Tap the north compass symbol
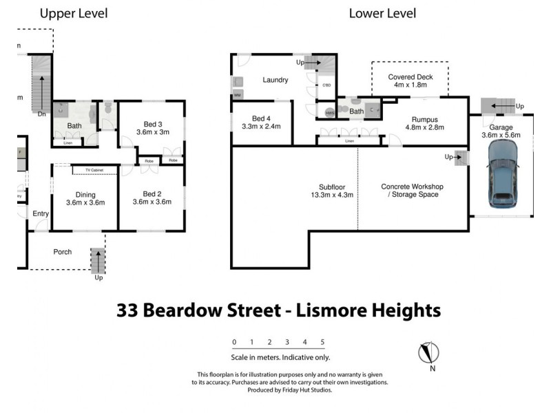coord(428,353)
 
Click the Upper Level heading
coord(73,13)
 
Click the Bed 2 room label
coord(151,194)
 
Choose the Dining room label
coord(85,194)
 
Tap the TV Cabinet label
coord(97,170)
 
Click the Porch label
coord(63,252)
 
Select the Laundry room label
coord(274,80)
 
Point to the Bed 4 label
coord(262,118)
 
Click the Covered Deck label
coord(410,77)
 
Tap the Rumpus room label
coord(425,119)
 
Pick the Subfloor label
coord(326,186)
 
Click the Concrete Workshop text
coord(412,187)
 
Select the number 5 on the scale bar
coord(322,342)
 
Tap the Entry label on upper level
coord(41,214)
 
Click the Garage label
coord(501,127)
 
